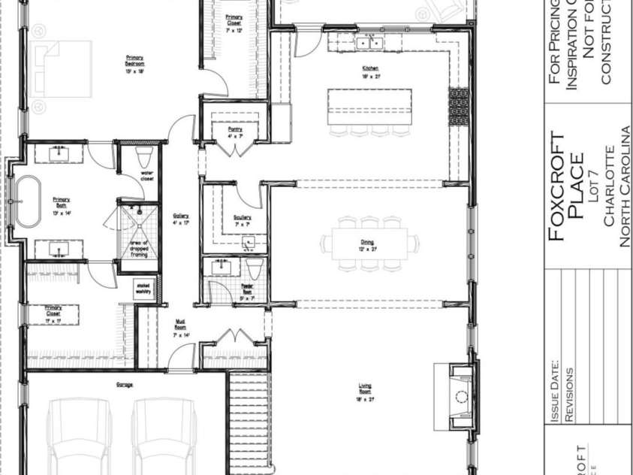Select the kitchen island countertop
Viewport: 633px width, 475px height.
[369, 106]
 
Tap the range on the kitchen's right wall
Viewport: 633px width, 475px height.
[459, 106]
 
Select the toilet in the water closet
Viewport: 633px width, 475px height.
[144, 157]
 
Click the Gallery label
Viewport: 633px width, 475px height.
[180, 219]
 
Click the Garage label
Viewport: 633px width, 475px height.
[125, 385]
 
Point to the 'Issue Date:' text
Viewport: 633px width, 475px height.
[555, 392]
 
